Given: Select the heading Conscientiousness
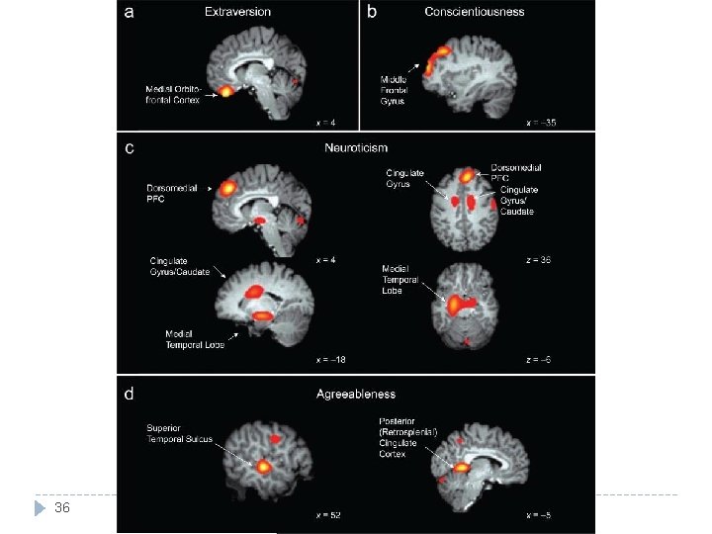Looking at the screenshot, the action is [475, 12].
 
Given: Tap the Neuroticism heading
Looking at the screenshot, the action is [354, 147].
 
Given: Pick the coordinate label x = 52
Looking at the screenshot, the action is [329, 515].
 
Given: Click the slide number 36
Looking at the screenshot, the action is [62, 508].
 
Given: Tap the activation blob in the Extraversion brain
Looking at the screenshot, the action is [226, 91].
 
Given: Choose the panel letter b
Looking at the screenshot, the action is [373, 13].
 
